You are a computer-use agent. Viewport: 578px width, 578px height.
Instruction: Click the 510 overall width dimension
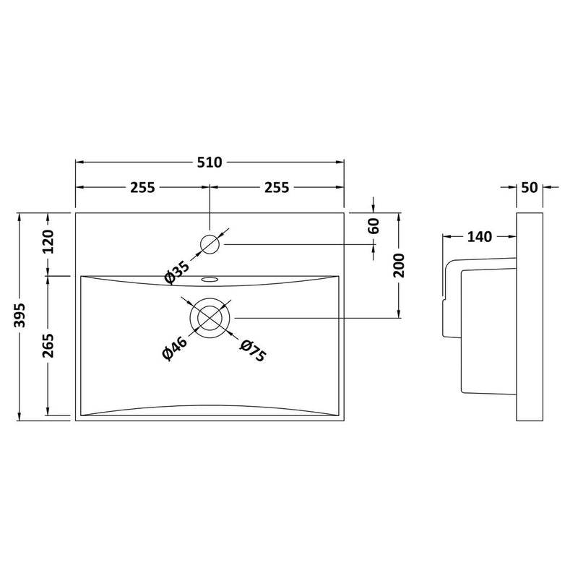tap(210, 162)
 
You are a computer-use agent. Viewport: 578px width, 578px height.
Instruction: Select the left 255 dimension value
tap(142, 188)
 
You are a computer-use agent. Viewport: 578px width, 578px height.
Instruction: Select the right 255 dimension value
tap(277, 188)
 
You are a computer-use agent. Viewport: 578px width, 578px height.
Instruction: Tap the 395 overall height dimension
tap(19, 315)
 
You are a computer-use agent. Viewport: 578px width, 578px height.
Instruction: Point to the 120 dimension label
tap(48, 241)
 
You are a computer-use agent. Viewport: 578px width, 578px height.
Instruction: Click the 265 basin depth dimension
tap(48, 345)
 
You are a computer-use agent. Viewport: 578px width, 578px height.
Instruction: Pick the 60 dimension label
tap(374, 226)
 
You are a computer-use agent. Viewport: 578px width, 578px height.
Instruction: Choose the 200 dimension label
tap(399, 265)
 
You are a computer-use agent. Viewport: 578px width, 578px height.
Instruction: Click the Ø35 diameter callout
tap(177, 272)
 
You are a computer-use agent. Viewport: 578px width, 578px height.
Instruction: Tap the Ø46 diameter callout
tap(175, 348)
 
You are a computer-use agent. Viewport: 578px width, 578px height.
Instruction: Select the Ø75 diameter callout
tap(253, 350)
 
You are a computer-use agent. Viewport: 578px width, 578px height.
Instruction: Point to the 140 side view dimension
tap(480, 237)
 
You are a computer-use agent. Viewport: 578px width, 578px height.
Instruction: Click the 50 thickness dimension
tap(530, 188)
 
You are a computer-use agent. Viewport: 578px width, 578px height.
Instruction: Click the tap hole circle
tap(210, 244)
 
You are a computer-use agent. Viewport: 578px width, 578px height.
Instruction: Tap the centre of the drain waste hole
tap(210, 318)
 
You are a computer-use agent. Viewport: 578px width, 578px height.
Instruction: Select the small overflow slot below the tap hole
tap(210, 279)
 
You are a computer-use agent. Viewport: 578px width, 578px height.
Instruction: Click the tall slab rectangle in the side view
tap(530, 316)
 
